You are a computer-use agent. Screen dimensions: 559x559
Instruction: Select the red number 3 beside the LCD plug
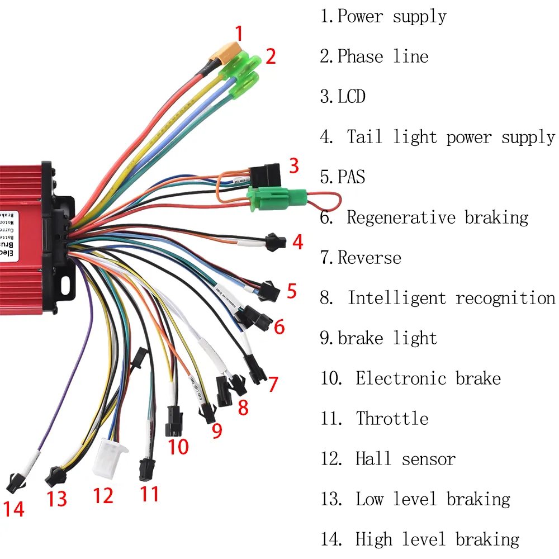click(x=293, y=166)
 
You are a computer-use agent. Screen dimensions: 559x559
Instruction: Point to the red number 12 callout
click(x=103, y=495)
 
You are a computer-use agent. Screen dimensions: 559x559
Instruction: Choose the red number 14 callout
click(x=15, y=509)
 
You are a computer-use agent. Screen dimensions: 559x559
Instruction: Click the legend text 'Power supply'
click(x=391, y=16)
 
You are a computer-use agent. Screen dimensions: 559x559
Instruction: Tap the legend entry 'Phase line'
click(x=382, y=56)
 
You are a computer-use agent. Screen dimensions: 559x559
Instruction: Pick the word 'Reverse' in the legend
click(x=369, y=258)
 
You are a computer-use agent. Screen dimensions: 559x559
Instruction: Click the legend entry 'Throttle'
click(x=392, y=419)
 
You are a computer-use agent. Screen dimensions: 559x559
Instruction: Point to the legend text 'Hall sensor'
click(x=405, y=459)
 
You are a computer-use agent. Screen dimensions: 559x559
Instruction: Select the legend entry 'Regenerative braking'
click(x=437, y=217)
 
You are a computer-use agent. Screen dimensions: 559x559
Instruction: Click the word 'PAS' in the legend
click(x=351, y=177)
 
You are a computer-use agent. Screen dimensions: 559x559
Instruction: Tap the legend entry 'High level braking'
click(x=437, y=539)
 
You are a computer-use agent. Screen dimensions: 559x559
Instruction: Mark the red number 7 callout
click(x=273, y=385)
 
